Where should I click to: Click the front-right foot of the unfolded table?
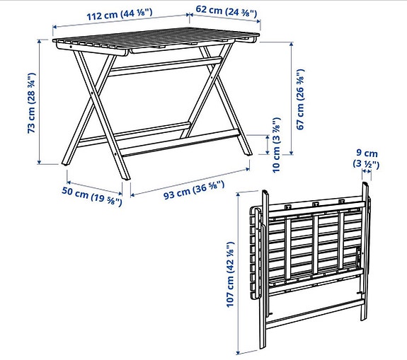point(246,153)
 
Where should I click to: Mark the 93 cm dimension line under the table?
point(188,181)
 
